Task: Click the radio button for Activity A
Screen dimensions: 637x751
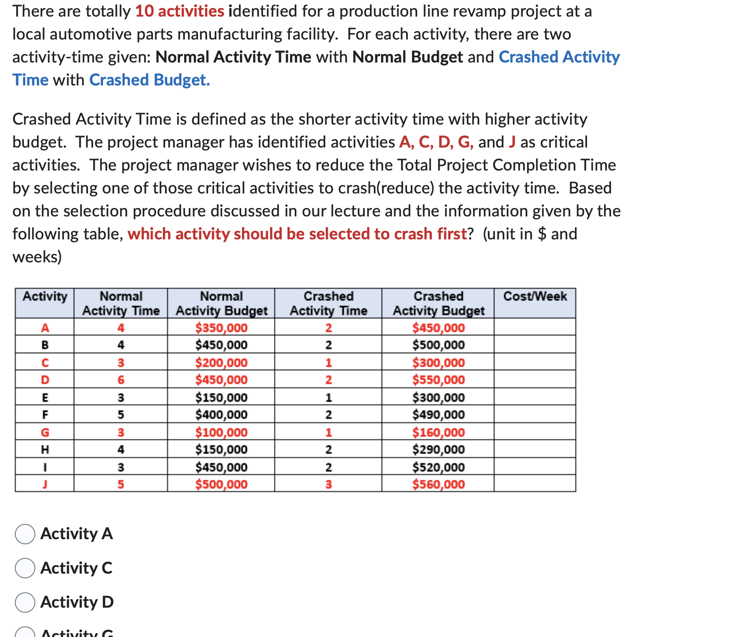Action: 25,534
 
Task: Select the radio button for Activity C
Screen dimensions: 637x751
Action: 25,568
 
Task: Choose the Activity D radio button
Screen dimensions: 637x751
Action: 25,603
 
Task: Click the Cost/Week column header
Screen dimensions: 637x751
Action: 535,296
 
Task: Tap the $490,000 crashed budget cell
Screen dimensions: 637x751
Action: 438,415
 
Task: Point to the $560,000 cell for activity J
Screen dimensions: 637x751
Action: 438,484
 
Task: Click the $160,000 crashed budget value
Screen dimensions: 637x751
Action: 438,432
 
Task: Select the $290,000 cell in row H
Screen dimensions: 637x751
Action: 438,449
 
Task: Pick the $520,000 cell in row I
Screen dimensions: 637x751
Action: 438,467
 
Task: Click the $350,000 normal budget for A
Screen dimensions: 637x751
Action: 221,328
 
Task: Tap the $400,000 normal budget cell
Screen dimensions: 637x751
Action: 221,415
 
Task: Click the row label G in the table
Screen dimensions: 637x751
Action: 45,432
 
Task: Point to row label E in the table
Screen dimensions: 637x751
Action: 45,398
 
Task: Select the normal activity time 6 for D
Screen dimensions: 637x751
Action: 121,380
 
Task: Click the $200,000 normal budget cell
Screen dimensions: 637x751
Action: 221,363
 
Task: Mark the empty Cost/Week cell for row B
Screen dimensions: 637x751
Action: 535,344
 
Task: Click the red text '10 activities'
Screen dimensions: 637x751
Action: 179,11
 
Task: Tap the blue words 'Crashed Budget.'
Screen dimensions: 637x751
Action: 150,80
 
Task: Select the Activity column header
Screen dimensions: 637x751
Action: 45,296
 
